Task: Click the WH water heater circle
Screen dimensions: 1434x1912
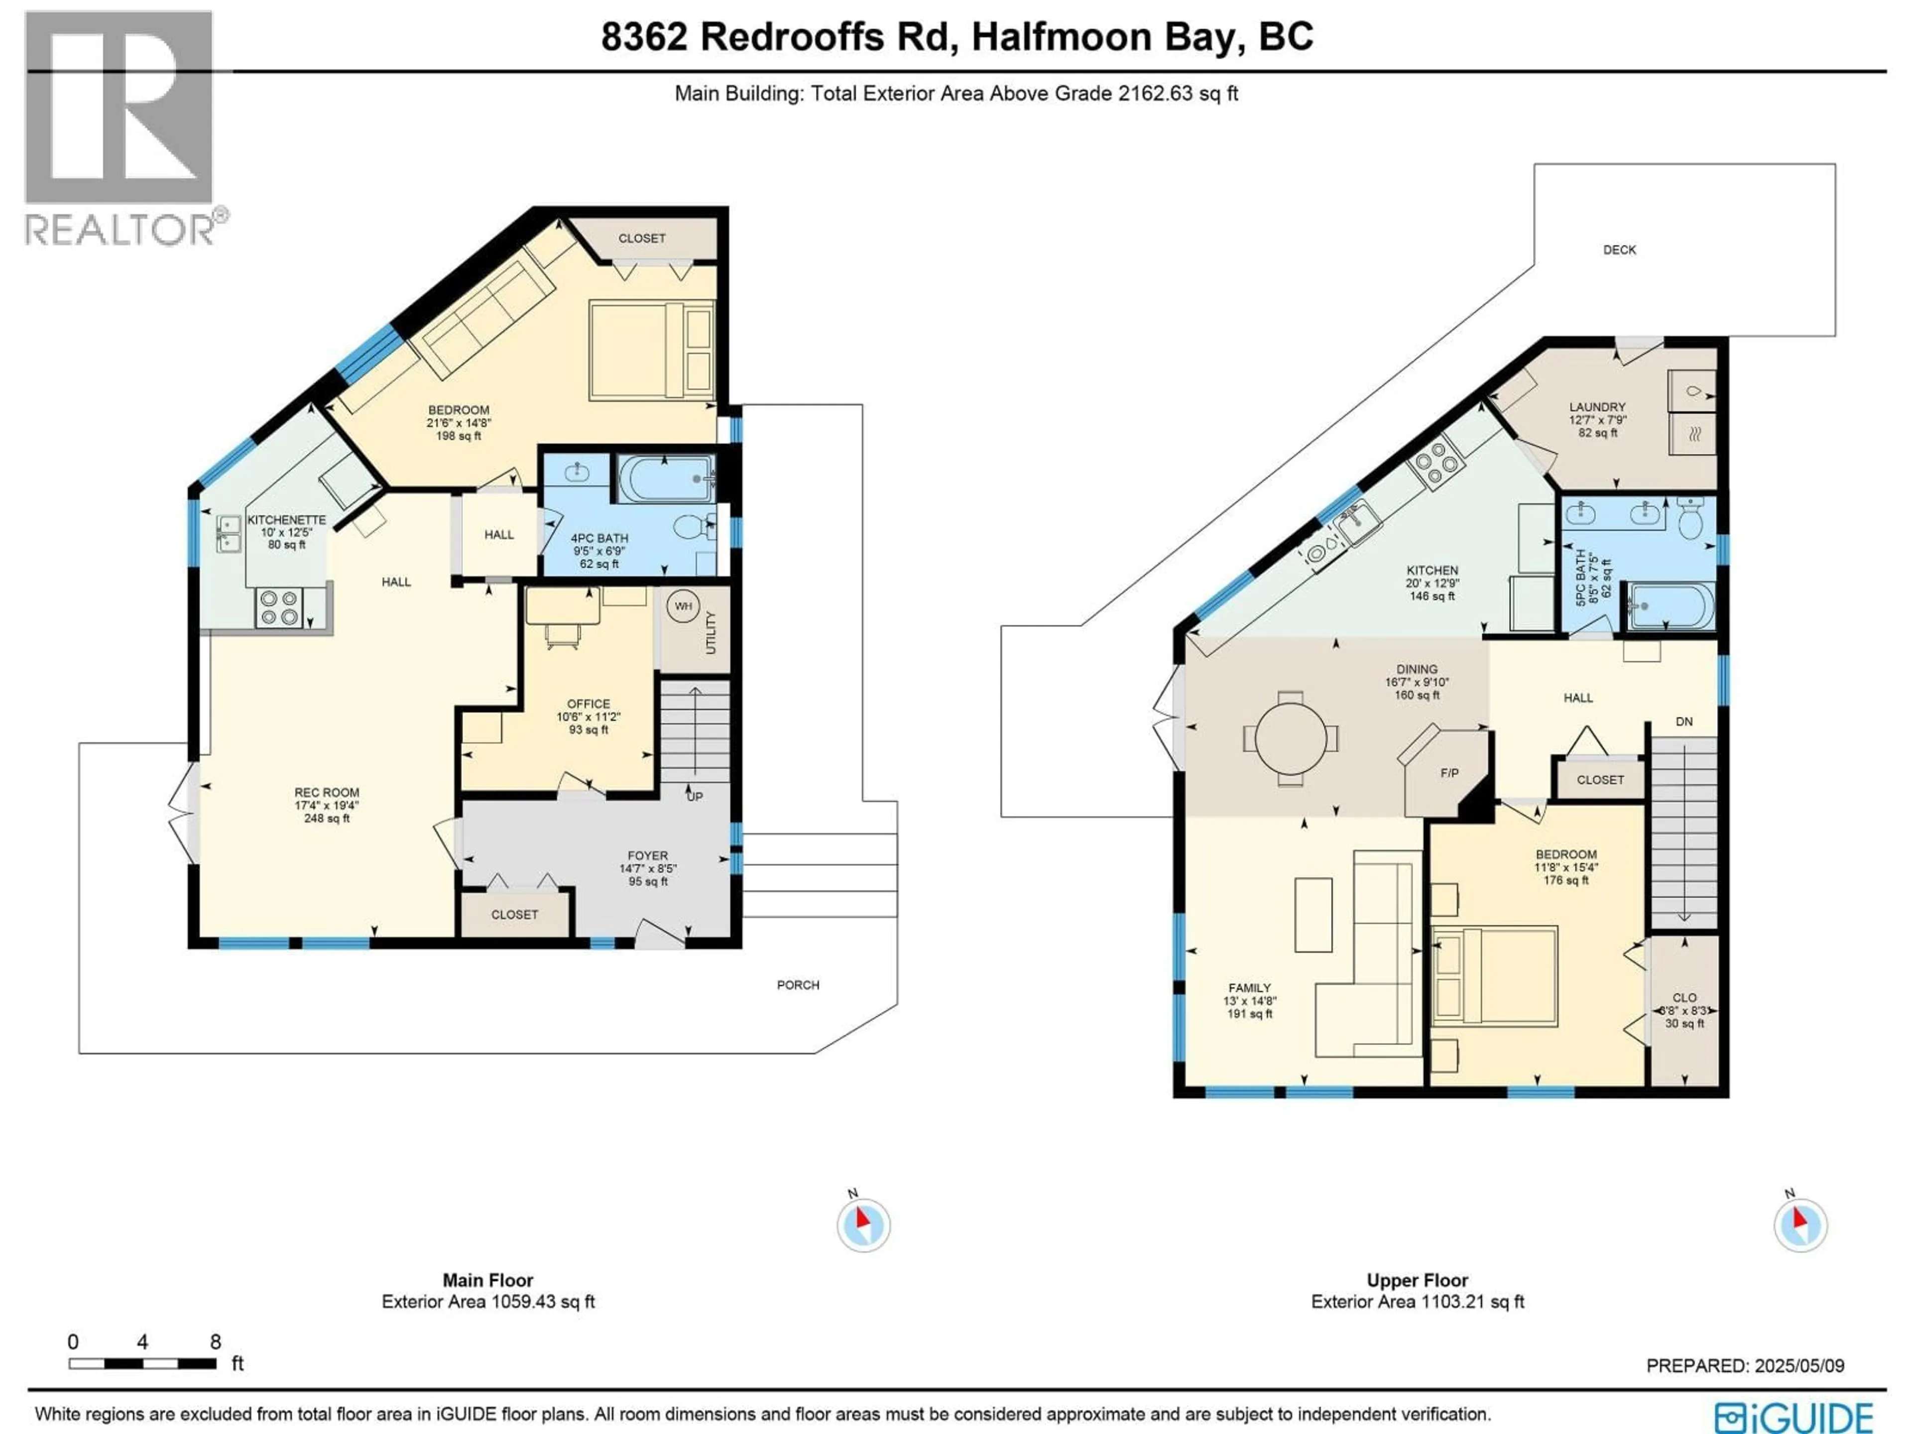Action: click(x=683, y=606)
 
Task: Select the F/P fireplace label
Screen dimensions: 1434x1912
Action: click(x=1449, y=773)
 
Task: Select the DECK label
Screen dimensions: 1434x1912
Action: click(x=1619, y=250)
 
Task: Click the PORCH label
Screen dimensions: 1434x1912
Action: click(x=797, y=984)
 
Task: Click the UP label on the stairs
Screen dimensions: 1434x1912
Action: click(x=694, y=796)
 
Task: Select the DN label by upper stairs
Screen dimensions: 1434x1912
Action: click(x=1684, y=721)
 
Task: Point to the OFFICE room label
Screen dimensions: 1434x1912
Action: click(x=588, y=704)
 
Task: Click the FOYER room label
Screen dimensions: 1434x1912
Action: click(x=647, y=855)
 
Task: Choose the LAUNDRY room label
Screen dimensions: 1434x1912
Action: click(x=1596, y=406)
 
